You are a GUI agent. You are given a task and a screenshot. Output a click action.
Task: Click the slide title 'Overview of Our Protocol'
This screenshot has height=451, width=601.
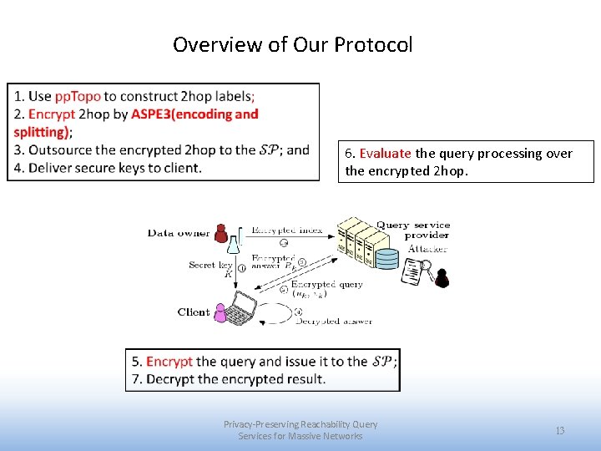tap(292, 44)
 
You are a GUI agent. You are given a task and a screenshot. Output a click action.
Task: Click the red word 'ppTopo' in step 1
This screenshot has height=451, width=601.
tap(78, 96)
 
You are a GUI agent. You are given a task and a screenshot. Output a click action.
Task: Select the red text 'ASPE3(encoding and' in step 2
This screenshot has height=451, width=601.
tap(194, 114)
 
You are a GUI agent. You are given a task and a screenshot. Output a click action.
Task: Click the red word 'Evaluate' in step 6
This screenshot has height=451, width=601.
tap(385, 154)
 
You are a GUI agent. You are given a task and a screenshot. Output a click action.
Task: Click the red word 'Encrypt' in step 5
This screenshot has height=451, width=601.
tap(169, 362)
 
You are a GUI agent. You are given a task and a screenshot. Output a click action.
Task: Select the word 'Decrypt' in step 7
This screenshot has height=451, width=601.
tap(170, 379)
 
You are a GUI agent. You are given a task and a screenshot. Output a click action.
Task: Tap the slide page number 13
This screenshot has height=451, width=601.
tap(560, 430)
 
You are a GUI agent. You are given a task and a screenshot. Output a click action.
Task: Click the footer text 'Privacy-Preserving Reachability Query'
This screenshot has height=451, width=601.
tap(300, 424)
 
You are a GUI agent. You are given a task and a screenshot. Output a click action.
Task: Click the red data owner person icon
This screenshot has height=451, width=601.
tap(221, 233)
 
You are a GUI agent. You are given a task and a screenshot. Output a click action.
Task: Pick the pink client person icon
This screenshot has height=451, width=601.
tap(220, 312)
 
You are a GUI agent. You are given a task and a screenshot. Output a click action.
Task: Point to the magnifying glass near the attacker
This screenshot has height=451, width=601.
tap(427, 267)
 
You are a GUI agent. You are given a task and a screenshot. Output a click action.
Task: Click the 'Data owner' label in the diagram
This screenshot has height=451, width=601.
tap(178, 233)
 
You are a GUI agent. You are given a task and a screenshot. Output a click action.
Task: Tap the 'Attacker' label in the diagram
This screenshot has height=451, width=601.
tap(427, 247)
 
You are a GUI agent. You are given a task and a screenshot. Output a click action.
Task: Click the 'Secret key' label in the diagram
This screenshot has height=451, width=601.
tap(210, 265)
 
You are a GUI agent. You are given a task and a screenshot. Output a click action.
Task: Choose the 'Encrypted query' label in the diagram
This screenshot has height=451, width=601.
tap(327, 284)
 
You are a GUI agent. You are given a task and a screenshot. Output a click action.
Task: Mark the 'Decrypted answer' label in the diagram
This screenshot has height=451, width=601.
tap(334, 321)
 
